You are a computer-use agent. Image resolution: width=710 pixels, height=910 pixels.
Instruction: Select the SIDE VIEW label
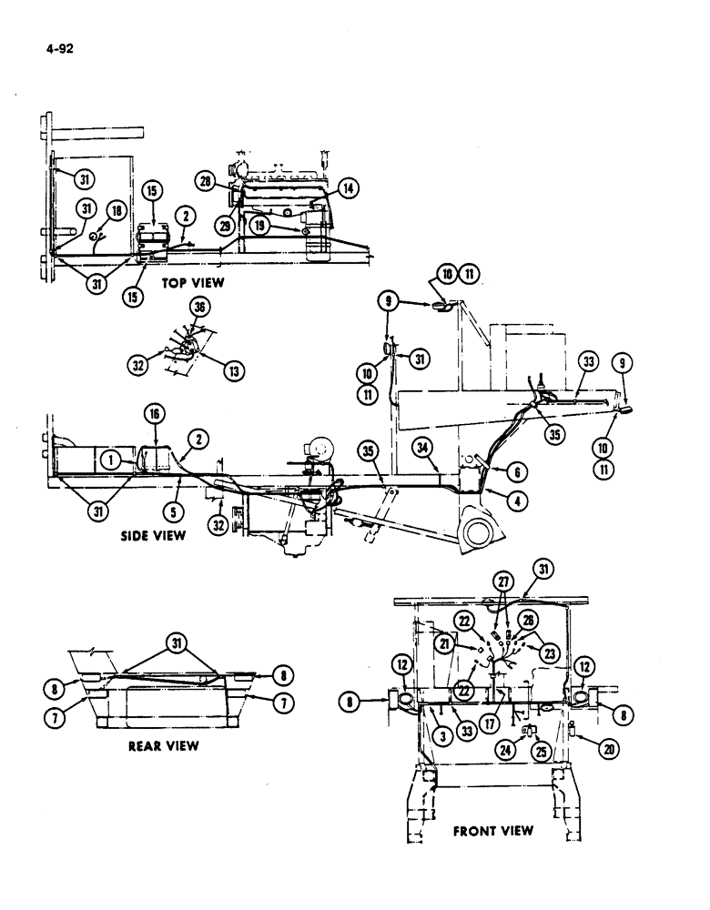pos(153,536)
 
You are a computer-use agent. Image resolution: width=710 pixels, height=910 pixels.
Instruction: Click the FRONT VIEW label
pos(492,831)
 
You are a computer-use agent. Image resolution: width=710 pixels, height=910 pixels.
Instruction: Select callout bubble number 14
pos(347,187)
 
